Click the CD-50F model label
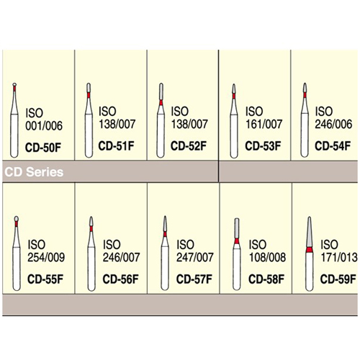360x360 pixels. coord(43,148)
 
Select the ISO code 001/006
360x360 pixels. coord(44,126)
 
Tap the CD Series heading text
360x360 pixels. coord(34,172)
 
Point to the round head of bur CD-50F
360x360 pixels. coord(14,84)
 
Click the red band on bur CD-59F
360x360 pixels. coord(310,250)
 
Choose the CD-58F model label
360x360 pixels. coord(266,279)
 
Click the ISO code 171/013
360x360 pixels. coord(339,257)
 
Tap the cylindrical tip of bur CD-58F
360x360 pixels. coord(237,228)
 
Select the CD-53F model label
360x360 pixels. coord(263,146)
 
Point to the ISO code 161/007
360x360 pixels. coord(264,124)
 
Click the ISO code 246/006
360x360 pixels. coord(333,124)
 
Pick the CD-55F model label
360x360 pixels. coord(45,279)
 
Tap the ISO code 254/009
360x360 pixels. coord(46,257)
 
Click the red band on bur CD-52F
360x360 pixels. coord(161,103)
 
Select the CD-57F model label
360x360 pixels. coord(194,279)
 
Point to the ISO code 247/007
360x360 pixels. coord(195,257)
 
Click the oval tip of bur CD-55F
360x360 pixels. coord(17,219)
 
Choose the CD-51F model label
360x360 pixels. coord(116,146)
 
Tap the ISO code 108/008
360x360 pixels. coord(267,257)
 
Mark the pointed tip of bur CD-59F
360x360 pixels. coord(310,217)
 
